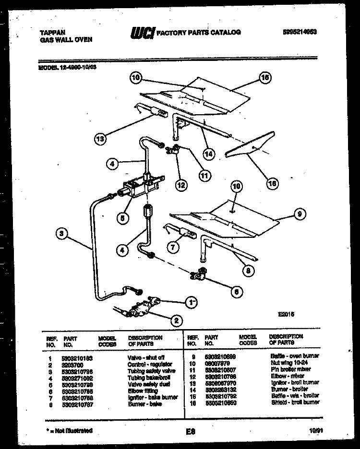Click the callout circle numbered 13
pyautogui.click(x=100, y=140)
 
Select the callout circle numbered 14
pyautogui.click(x=208, y=154)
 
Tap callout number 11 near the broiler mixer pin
pyautogui.click(x=205, y=176)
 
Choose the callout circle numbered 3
pyautogui.click(x=61, y=234)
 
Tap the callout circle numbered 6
pyautogui.click(x=236, y=290)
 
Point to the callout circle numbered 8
pyautogui.click(x=248, y=270)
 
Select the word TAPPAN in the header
pyautogui.click(x=49, y=33)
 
